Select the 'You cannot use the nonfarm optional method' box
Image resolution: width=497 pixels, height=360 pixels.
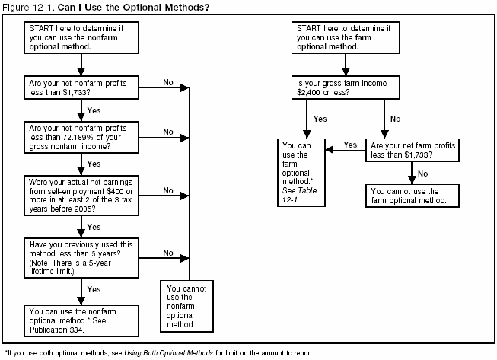coord(187,305)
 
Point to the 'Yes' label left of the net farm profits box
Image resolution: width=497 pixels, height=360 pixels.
coord(351,144)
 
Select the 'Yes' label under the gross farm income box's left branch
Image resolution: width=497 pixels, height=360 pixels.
coord(320,119)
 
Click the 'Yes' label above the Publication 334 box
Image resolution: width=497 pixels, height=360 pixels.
coord(94,290)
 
